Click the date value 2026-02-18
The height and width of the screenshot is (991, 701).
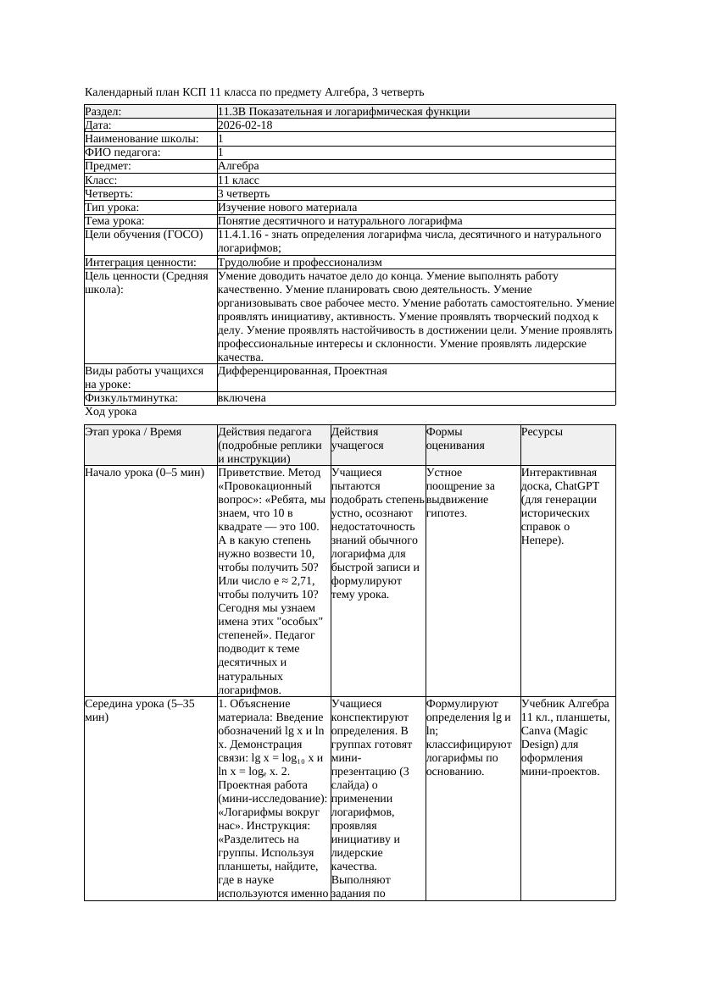pyautogui.click(x=245, y=125)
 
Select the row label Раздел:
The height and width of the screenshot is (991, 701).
pyautogui.click(x=103, y=112)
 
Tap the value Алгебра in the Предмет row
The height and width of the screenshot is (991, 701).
pyautogui.click(x=238, y=166)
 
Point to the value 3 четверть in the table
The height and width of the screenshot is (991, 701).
pyautogui.click(x=245, y=194)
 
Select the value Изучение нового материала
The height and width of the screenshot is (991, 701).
pyautogui.click(x=287, y=208)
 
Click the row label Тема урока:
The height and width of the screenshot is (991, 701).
pyautogui.click(x=114, y=221)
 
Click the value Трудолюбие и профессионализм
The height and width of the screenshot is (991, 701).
pyautogui.click(x=299, y=263)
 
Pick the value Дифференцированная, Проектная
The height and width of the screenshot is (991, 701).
pyautogui.click(x=302, y=371)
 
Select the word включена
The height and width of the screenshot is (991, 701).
pyautogui.click(x=242, y=398)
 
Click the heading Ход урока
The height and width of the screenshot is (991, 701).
pyautogui.click(x=111, y=412)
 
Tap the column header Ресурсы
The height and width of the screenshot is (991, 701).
pyautogui.click(x=542, y=432)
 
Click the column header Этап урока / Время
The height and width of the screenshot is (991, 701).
pyautogui.click(x=133, y=432)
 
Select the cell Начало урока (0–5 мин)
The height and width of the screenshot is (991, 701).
pyautogui.click(x=145, y=473)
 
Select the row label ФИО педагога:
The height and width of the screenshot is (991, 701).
pyautogui.click(x=123, y=152)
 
